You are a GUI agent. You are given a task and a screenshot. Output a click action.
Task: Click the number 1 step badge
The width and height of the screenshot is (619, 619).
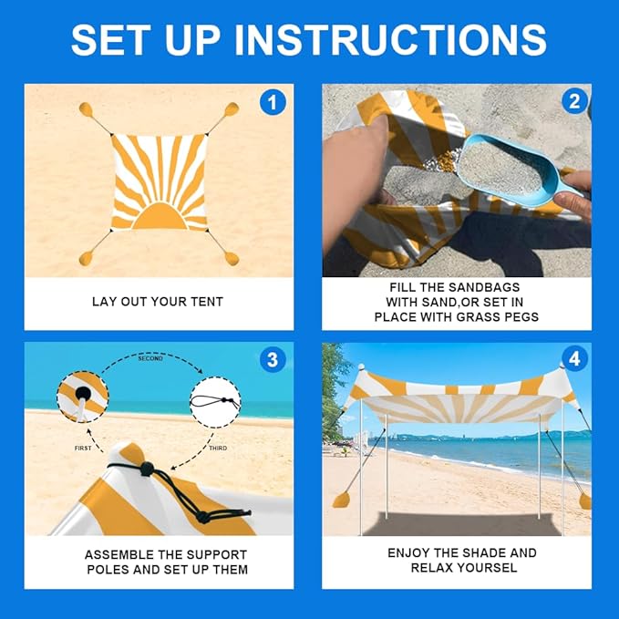point(273,103)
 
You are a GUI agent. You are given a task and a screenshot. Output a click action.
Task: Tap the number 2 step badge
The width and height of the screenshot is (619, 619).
point(574,101)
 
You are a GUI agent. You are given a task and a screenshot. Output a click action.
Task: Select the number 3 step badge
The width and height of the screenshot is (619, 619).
point(273,359)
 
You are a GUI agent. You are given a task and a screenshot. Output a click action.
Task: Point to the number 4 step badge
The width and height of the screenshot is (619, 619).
point(574,359)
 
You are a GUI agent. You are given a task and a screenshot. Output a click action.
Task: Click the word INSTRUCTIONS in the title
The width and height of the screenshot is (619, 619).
point(391,39)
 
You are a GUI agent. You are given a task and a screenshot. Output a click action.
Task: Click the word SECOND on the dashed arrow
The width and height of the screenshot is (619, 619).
point(150,358)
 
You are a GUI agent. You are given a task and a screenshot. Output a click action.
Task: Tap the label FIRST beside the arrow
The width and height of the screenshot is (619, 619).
point(83,448)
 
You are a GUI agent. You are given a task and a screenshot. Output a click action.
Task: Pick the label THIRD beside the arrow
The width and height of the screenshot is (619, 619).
point(218,448)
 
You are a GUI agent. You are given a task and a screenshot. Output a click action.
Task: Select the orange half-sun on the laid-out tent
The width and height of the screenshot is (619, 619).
point(160,216)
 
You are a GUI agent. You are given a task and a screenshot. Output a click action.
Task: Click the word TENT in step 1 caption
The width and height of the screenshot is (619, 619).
point(207,302)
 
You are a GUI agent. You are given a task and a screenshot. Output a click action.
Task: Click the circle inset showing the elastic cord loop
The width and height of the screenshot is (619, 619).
point(215,402)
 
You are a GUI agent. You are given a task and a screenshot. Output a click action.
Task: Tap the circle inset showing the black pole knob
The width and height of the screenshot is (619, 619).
point(83,397)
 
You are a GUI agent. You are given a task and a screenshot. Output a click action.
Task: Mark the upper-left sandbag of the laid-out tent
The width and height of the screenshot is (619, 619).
point(86,109)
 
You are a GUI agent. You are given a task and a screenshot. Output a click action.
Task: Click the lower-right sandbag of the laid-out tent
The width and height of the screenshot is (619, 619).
point(232,259)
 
